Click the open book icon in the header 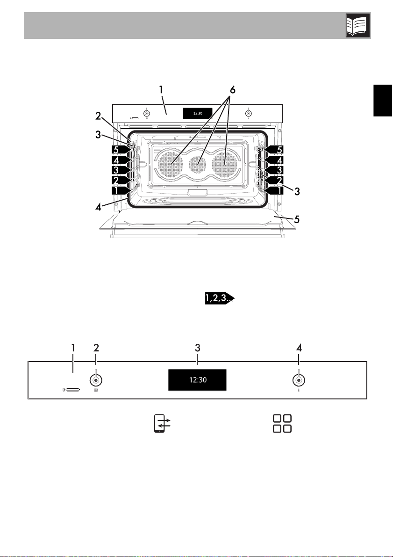[358, 26]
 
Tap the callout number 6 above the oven [233, 89]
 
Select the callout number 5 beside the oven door [297, 219]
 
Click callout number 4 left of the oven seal [98, 206]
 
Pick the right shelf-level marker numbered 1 [275, 190]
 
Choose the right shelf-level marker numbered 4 [275, 160]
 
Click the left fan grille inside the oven [171, 164]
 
